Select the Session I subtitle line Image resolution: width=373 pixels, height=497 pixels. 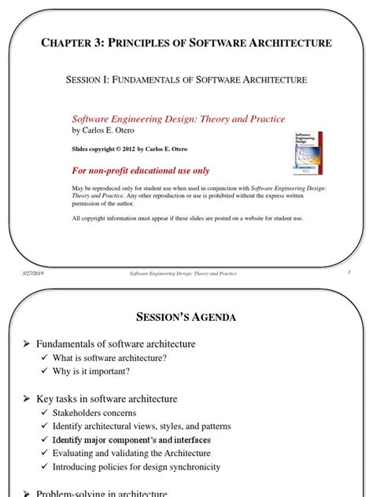click(x=186, y=79)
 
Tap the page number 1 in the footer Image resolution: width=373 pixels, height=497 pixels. click(x=347, y=272)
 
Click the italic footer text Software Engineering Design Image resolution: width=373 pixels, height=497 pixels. click(x=183, y=273)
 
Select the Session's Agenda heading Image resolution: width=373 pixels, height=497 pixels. click(x=186, y=317)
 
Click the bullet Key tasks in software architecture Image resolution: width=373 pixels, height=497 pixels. click(x=107, y=399)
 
